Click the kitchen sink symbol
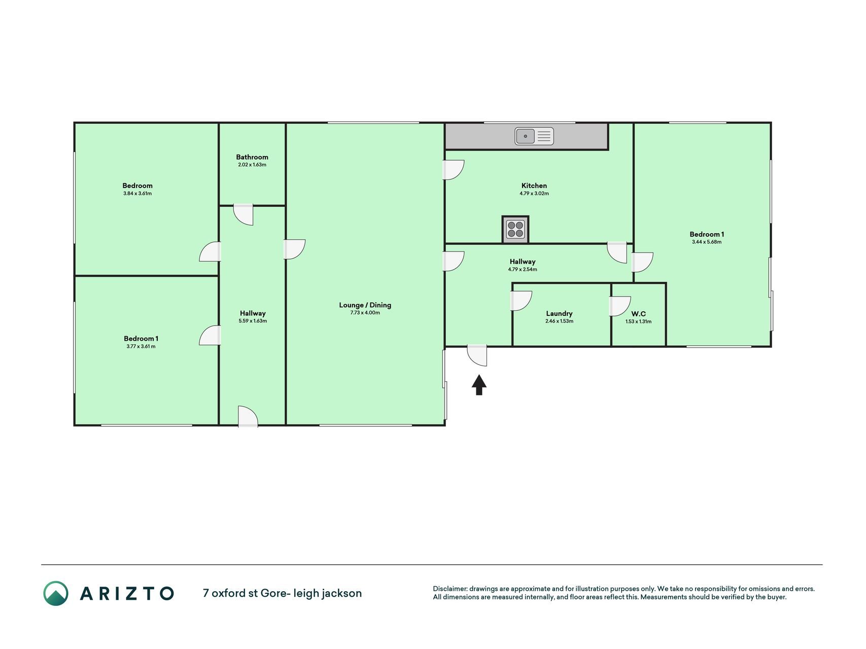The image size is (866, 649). point(534,136)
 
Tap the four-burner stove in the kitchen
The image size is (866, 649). point(515,229)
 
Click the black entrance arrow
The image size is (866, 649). point(479,384)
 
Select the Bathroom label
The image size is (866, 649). point(252,157)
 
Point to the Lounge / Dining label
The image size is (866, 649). point(365,305)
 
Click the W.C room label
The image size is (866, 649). point(638,314)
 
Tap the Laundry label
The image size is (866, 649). point(560,314)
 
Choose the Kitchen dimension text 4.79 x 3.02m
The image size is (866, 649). point(534,193)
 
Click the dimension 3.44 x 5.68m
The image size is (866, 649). point(707,242)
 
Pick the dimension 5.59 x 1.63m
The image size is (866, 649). point(253,321)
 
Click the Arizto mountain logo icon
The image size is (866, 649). point(55,593)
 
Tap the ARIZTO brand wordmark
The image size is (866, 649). point(127,593)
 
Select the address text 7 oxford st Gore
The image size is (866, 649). point(245,593)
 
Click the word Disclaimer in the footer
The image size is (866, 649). point(449,589)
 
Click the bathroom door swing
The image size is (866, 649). point(244,215)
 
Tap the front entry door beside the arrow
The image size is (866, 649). point(477,355)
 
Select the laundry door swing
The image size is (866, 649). point(521,301)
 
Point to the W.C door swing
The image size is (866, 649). point(619,306)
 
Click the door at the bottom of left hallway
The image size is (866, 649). point(248,417)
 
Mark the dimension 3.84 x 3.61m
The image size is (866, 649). point(137,193)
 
